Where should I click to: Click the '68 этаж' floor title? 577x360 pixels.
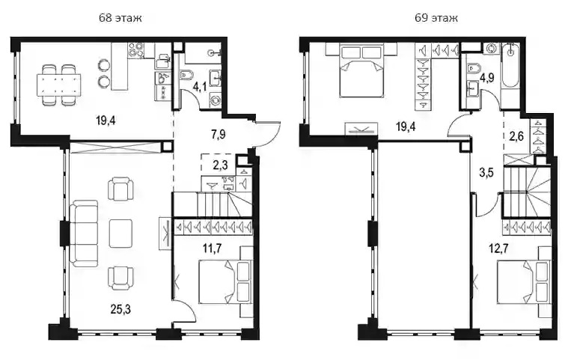pyautogui.click(x=120, y=18)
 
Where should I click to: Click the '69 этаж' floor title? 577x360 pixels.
pyautogui.click(x=436, y=18)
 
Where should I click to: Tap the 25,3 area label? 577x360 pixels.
pyautogui.click(x=120, y=309)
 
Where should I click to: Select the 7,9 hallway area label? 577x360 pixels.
pyautogui.click(x=219, y=135)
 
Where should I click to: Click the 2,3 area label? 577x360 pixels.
pyautogui.click(x=220, y=165)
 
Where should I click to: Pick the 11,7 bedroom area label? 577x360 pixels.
pyautogui.click(x=213, y=248)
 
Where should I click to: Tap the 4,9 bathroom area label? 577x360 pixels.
pyautogui.click(x=487, y=78)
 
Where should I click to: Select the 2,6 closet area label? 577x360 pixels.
pyautogui.click(x=516, y=136)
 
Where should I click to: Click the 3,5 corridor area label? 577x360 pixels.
pyautogui.click(x=486, y=172)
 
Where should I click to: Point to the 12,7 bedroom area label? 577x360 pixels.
pyautogui.click(x=498, y=248)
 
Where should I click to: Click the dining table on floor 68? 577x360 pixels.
pyautogui.click(x=59, y=85)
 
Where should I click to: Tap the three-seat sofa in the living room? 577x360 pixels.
pyautogui.click(x=85, y=234)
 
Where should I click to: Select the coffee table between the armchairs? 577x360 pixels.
pyautogui.click(x=120, y=234)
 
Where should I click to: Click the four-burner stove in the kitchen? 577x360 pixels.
pyautogui.click(x=135, y=50)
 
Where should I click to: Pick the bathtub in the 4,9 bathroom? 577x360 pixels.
pyautogui.click(x=510, y=66)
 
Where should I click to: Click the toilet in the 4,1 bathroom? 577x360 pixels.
pyautogui.click(x=187, y=75)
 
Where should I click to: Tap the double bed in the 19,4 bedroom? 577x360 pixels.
pyautogui.click(x=361, y=70)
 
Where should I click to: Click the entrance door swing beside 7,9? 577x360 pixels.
pyautogui.click(x=268, y=135)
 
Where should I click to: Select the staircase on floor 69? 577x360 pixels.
pyautogui.click(x=527, y=192)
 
